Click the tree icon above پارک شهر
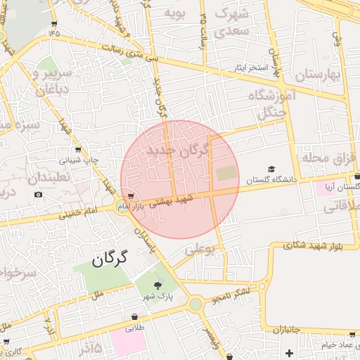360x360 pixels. tap(157, 285)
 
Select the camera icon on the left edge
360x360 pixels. tap(38, 195)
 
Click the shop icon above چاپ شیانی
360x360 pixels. tap(77, 150)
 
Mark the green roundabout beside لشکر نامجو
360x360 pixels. tap(195, 304)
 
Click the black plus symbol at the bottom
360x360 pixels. tap(288, 352)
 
